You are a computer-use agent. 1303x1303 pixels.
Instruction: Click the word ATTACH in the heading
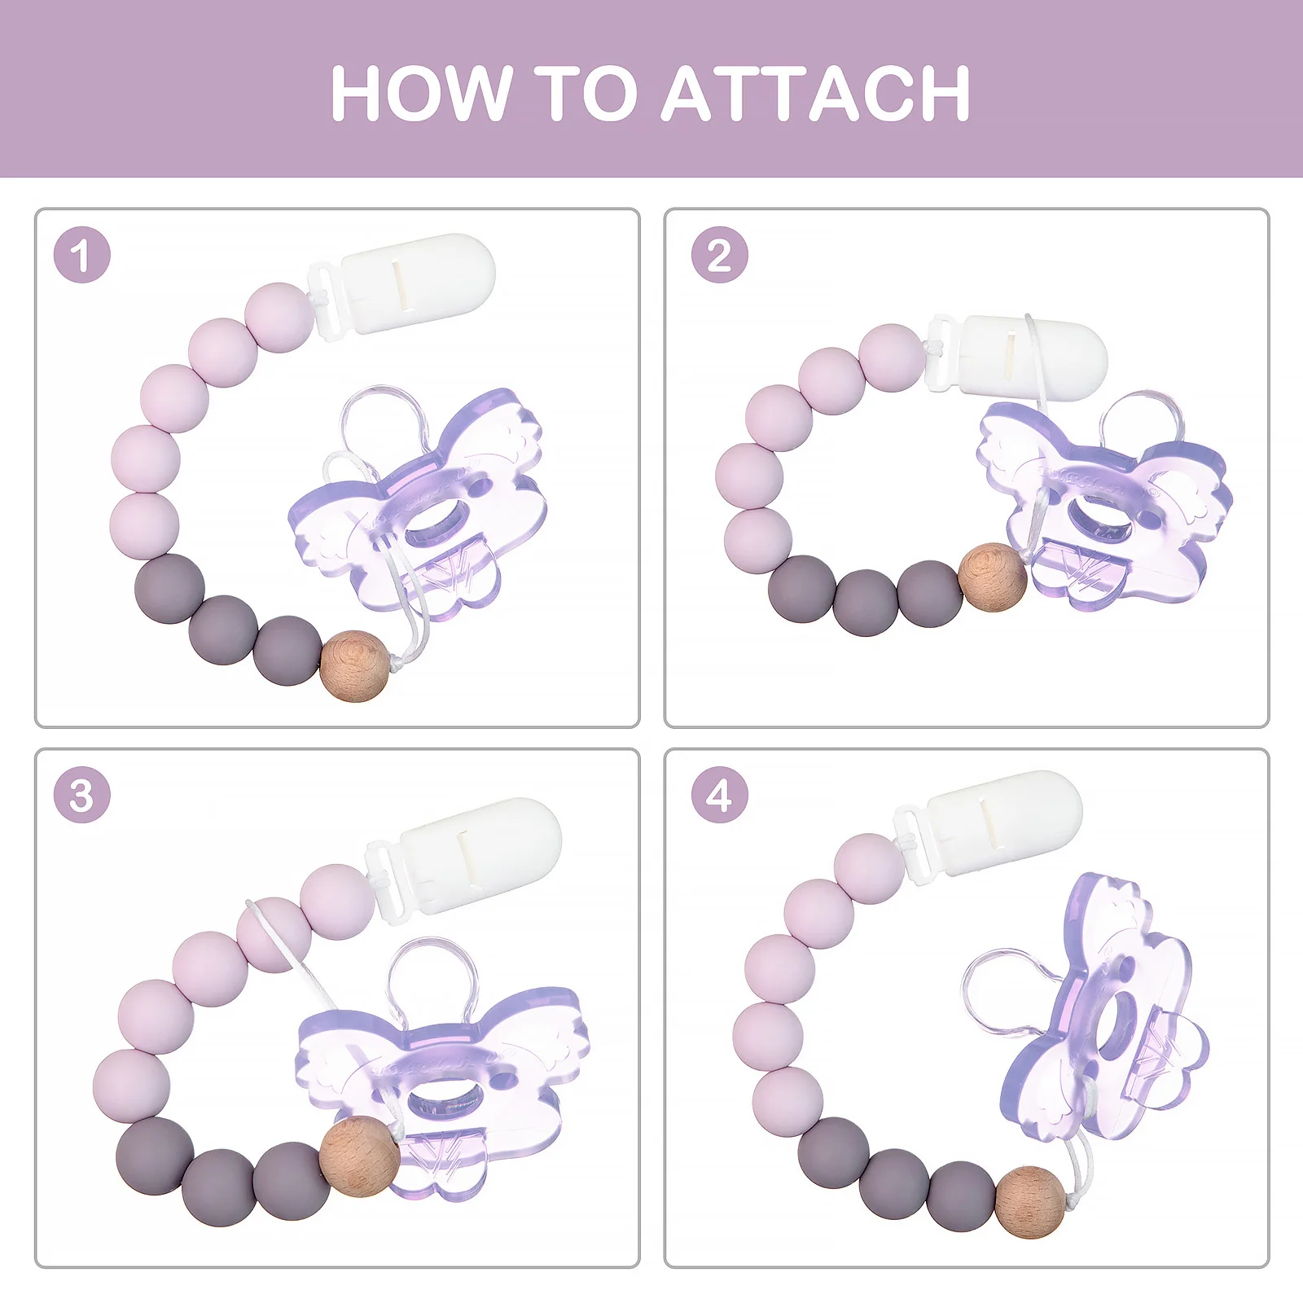[x=815, y=94]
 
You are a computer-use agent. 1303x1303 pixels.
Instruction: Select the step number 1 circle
[x=81, y=255]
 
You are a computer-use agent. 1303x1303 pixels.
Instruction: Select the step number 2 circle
[x=719, y=255]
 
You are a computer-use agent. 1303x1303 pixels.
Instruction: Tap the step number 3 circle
[x=81, y=795]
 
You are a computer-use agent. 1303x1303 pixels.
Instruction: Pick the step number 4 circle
[x=719, y=795]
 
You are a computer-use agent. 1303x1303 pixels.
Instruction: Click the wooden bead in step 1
[x=355, y=665]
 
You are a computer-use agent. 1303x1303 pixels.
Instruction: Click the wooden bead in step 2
[x=993, y=577]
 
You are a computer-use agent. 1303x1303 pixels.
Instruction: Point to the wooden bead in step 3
[x=359, y=1156]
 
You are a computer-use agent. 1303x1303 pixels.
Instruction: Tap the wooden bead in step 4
[x=1030, y=1202]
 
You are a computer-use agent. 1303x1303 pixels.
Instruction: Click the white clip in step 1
[x=403, y=285]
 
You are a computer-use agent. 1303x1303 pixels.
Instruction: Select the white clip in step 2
[x=1018, y=357]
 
